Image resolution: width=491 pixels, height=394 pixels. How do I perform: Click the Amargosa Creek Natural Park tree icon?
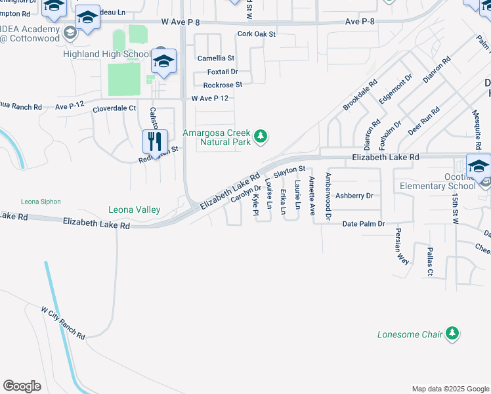point(261,137)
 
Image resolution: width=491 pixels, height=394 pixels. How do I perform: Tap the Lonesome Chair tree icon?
point(452,334)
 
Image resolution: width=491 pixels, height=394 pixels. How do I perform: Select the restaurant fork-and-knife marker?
point(156,141)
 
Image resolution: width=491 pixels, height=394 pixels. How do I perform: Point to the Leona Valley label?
point(135,210)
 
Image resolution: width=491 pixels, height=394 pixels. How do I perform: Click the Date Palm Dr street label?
point(364,225)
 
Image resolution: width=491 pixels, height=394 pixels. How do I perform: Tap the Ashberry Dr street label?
point(354,196)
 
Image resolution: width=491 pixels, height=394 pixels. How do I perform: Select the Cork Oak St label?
point(257,33)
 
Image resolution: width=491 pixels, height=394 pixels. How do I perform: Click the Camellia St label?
point(216,58)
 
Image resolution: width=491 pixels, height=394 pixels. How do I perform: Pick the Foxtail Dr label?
point(223,72)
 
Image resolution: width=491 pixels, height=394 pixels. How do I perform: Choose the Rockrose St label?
point(223,85)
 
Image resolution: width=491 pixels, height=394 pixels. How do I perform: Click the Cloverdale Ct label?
point(114,108)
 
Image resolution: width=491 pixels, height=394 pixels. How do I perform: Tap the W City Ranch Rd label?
point(64,322)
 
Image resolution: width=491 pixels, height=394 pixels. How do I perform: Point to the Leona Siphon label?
point(41,201)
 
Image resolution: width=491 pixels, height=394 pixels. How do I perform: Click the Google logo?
point(22,386)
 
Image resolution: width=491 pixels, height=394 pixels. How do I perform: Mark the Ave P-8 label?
point(362,22)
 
